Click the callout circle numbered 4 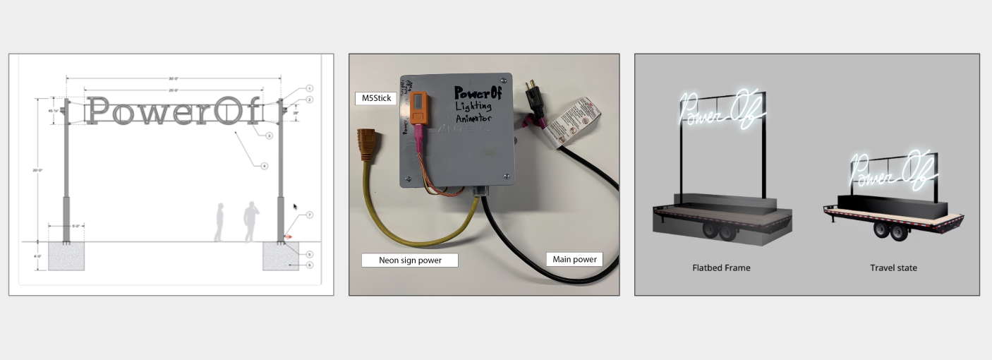click(264, 167)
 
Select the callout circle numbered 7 click(309, 215)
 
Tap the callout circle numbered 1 click(309, 89)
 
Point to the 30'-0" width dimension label click(174, 78)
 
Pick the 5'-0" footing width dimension click(66, 227)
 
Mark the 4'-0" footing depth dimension click(37, 256)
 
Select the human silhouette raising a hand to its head click(250, 222)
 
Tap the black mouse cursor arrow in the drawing click(296, 208)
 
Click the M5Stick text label click(374, 99)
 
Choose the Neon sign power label click(410, 260)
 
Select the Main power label click(574, 259)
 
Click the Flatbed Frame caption click(721, 268)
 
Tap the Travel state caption click(893, 268)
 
